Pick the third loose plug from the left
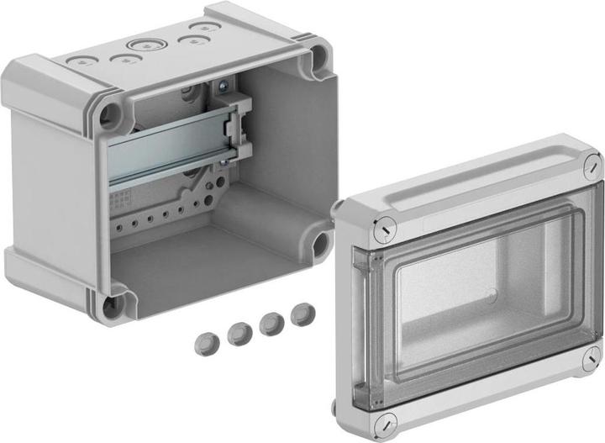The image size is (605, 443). tap(269, 323)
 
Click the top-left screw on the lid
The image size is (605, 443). tap(386, 225)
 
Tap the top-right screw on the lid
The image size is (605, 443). tap(590, 168)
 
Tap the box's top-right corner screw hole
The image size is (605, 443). tap(318, 59)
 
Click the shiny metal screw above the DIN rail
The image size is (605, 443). tap(224, 86)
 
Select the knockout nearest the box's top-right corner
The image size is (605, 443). tap(202, 27)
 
